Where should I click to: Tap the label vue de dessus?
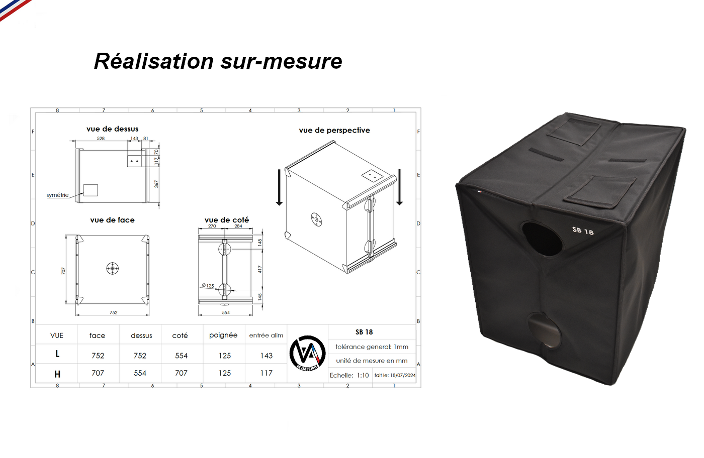[x=113, y=129]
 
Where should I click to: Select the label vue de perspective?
[x=334, y=130]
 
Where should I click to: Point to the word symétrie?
[x=57, y=195]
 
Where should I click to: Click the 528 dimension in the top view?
[x=101, y=139]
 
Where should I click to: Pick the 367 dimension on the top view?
[x=156, y=184]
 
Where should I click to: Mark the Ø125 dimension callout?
[x=208, y=285]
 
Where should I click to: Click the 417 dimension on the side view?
[x=260, y=269]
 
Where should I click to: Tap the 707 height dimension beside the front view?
[x=63, y=271]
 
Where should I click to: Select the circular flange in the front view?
[x=112, y=268]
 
